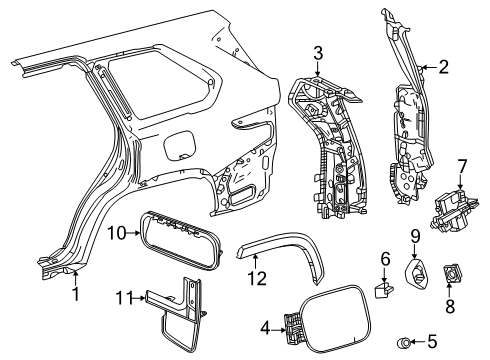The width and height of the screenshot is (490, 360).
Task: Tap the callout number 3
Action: click(x=317, y=52)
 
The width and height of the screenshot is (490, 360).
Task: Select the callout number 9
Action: click(x=413, y=264)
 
